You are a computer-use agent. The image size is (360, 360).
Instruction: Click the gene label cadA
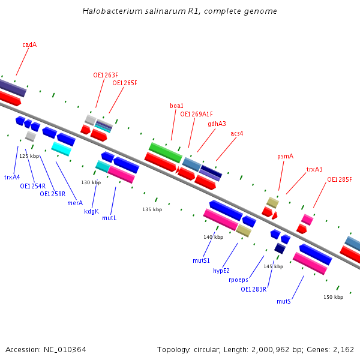(x=29, y=44)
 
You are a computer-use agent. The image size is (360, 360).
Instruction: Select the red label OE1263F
(x=106, y=75)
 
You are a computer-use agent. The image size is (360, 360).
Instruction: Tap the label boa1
(x=176, y=106)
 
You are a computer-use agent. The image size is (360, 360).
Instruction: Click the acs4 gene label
(x=237, y=133)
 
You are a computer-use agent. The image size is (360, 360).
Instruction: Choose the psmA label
(x=285, y=156)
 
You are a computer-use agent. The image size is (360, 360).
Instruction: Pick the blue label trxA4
(x=12, y=177)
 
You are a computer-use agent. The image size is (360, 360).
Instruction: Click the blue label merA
(x=75, y=203)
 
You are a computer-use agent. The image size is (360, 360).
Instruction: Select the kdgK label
(x=91, y=211)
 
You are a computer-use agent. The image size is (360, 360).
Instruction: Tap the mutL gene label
(x=109, y=218)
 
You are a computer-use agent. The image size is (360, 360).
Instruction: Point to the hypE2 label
(x=221, y=271)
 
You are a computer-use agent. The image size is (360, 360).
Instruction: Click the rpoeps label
(x=238, y=280)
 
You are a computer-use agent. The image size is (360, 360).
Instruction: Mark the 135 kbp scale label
(x=152, y=209)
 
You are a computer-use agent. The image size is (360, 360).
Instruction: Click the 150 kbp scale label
(x=333, y=297)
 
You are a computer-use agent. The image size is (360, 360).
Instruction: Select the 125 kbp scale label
(x=29, y=156)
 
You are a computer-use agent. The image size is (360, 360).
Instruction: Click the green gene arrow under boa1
(x=165, y=152)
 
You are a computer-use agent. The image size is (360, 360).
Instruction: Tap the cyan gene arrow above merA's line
(x=61, y=148)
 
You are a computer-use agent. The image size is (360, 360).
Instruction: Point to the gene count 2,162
(x=343, y=349)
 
